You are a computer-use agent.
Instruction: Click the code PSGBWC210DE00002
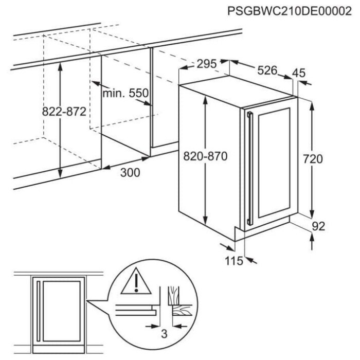(x=289, y=11)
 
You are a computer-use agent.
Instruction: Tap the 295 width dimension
(x=207, y=64)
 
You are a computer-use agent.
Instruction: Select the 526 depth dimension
(x=267, y=70)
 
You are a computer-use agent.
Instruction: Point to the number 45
(x=299, y=73)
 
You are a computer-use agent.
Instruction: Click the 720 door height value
(x=313, y=159)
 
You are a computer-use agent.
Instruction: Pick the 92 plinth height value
(x=318, y=226)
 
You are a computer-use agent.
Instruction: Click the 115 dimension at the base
(x=233, y=261)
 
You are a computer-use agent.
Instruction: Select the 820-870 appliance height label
(x=205, y=156)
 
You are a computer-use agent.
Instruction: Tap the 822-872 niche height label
(x=64, y=112)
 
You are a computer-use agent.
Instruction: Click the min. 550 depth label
(x=125, y=93)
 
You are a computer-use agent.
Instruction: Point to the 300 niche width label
(x=130, y=172)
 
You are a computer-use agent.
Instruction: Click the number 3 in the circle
(x=164, y=334)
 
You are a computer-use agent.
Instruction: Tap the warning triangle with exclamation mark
(x=136, y=281)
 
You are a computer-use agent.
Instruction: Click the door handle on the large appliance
(x=249, y=168)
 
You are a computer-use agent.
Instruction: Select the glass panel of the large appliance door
(x=274, y=163)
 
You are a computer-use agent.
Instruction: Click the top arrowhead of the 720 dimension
(x=312, y=106)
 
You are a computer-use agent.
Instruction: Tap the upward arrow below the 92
(x=312, y=241)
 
